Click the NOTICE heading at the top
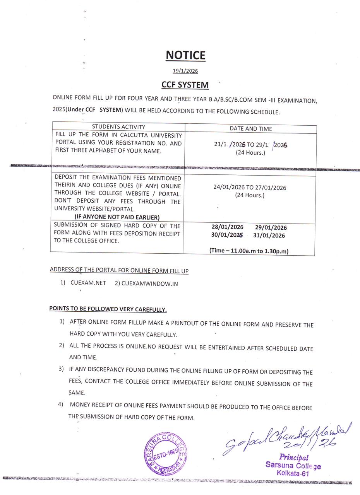tap(185, 55)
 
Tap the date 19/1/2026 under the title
tap(185, 71)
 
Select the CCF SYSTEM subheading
tap(185, 85)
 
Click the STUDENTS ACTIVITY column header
tap(118, 127)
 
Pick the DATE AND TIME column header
tap(250, 128)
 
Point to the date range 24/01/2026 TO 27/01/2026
tap(250, 188)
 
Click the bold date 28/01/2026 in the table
tap(227, 227)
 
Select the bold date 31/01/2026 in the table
tap(269, 236)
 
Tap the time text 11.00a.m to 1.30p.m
tap(249, 251)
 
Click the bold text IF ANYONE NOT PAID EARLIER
tap(117, 217)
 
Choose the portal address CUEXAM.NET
tap(88, 283)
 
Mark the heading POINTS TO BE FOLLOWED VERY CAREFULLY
tap(108, 309)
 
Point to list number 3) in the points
tap(61, 369)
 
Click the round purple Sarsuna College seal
tap(166, 453)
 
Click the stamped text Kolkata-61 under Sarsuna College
tap(293, 473)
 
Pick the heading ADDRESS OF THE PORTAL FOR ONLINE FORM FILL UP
tap(119, 270)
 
